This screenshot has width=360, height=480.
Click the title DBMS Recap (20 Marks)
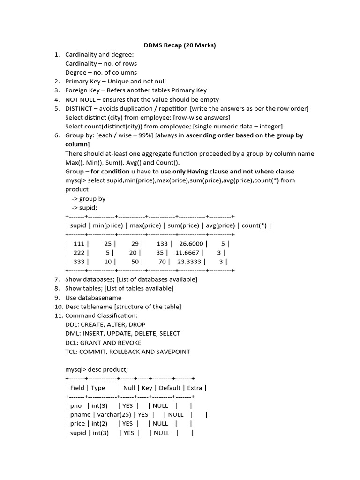click(180, 45)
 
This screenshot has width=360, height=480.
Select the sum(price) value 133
click(162, 244)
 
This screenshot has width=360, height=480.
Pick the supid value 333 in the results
click(79, 262)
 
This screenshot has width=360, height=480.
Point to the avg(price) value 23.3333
click(190, 262)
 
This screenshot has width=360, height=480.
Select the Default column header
click(170, 388)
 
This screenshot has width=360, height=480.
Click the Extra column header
click(195, 388)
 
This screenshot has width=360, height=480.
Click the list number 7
click(57, 279)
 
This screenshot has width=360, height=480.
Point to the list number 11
click(57, 315)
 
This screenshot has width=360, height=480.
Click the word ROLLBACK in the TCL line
click(129, 352)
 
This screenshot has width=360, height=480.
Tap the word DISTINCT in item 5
click(80, 108)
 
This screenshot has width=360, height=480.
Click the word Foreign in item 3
click(76, 90)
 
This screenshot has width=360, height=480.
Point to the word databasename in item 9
click(100, 298)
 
